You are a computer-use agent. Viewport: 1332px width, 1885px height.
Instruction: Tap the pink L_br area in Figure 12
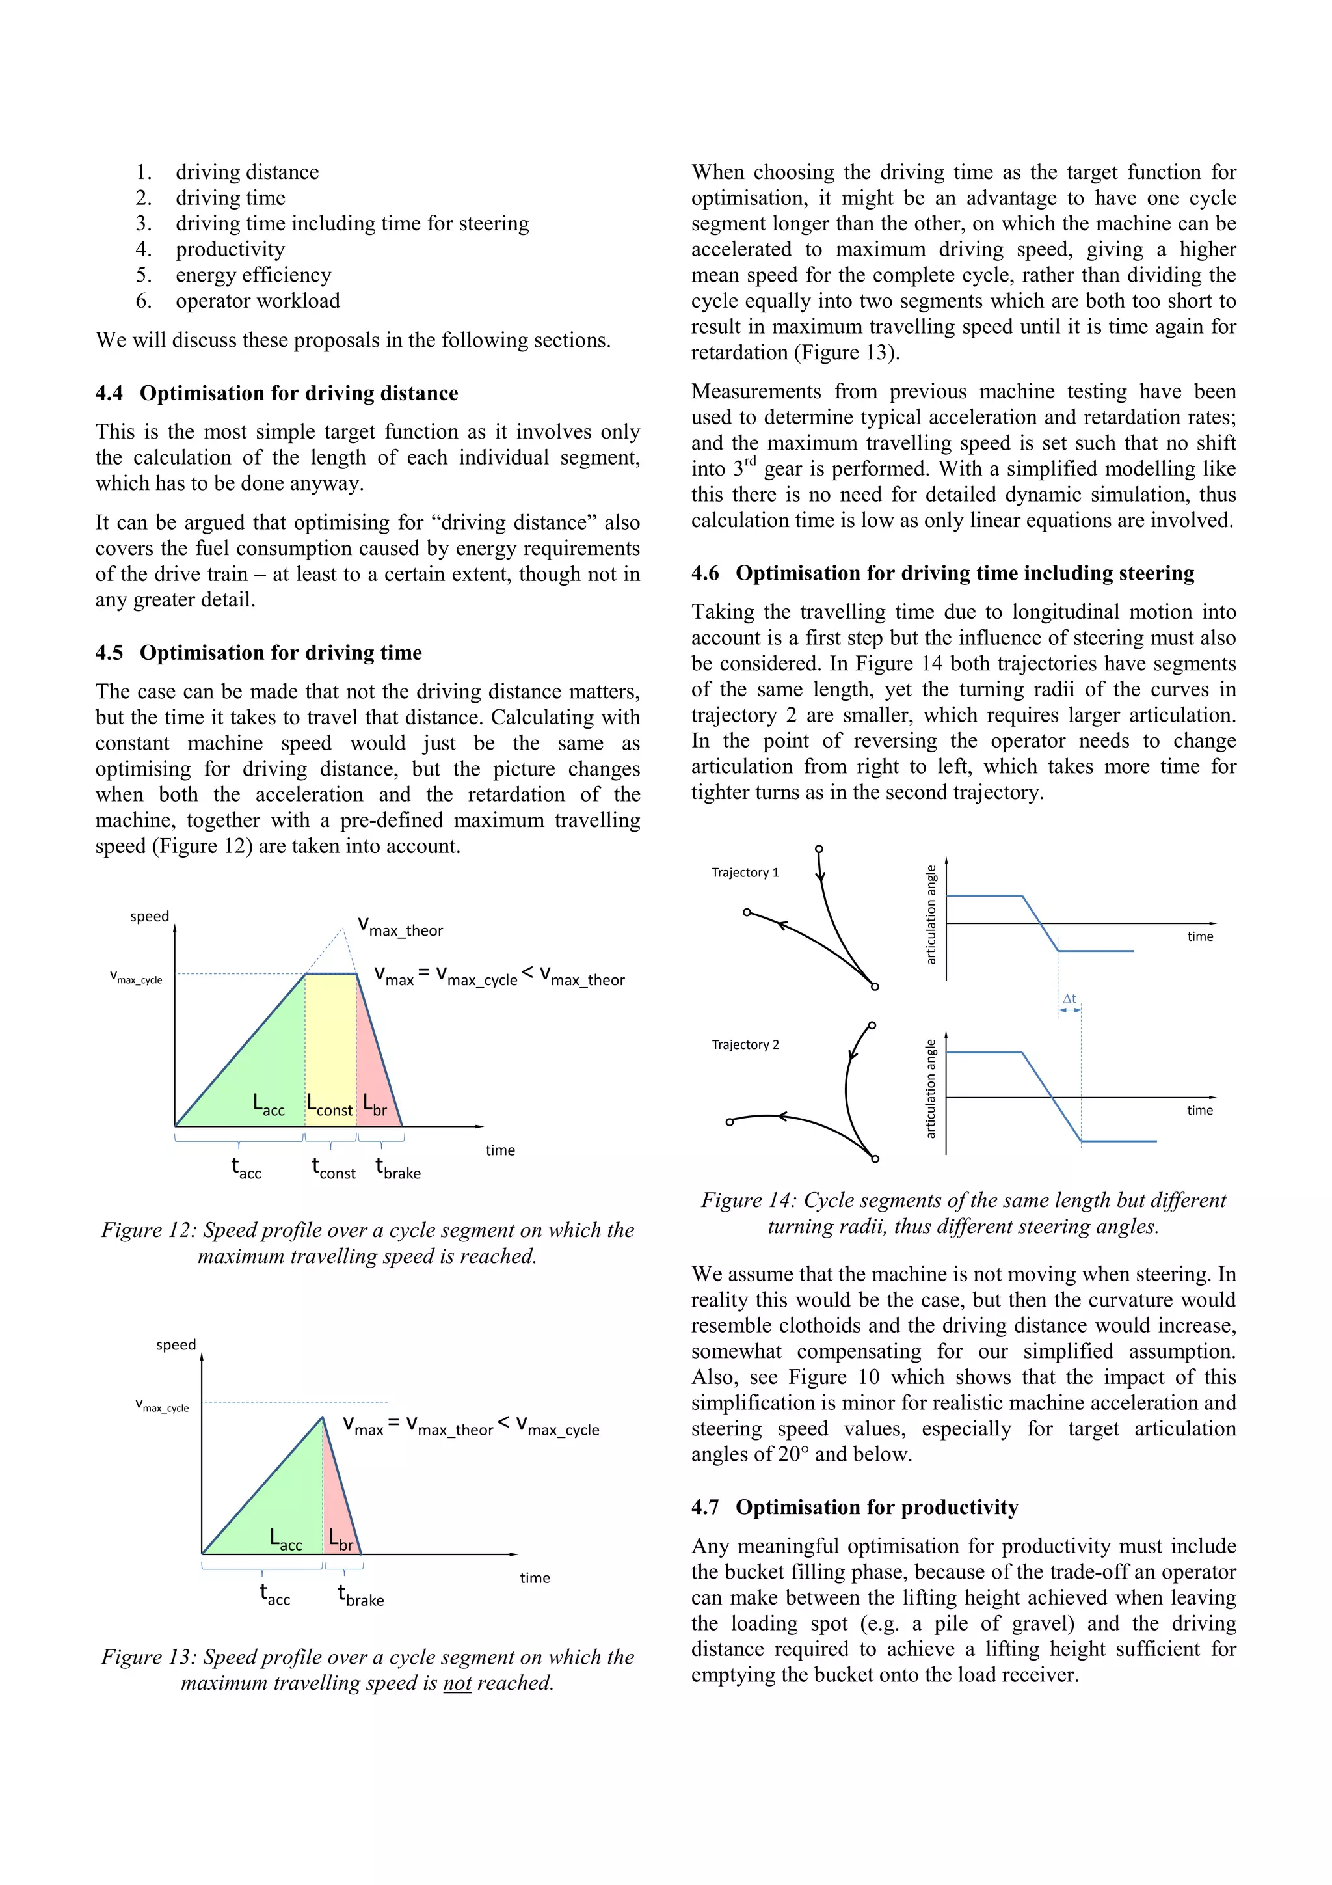(x=373, y=1067)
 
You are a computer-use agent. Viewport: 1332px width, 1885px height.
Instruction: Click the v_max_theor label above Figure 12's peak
(x=401, y=927)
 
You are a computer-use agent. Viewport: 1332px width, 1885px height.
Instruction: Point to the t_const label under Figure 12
(x=333, y=1167)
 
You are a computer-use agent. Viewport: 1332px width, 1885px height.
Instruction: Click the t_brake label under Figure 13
(x=361, y=1595)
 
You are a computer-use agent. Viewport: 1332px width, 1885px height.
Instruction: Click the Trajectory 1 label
(x=745, y=872)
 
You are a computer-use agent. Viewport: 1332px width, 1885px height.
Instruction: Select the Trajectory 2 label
(x=745, y=1044)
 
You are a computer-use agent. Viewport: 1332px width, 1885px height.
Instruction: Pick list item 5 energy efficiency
(x=253, y=275)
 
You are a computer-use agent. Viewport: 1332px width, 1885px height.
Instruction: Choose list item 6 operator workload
(x=257, y=301)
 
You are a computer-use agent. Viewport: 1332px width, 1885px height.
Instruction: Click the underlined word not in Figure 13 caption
(x=457, y=1683)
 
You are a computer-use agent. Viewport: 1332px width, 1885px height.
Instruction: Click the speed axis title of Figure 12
(x=150, y=916)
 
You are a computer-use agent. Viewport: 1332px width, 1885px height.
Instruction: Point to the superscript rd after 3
(x=749, y=461)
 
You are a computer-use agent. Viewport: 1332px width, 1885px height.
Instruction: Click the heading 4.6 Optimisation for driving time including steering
(x=942, y=573)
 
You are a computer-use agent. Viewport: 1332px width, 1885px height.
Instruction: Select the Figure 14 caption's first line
(x=963, y=1200)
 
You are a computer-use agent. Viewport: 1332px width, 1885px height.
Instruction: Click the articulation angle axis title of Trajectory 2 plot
(x=931, y=1089)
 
